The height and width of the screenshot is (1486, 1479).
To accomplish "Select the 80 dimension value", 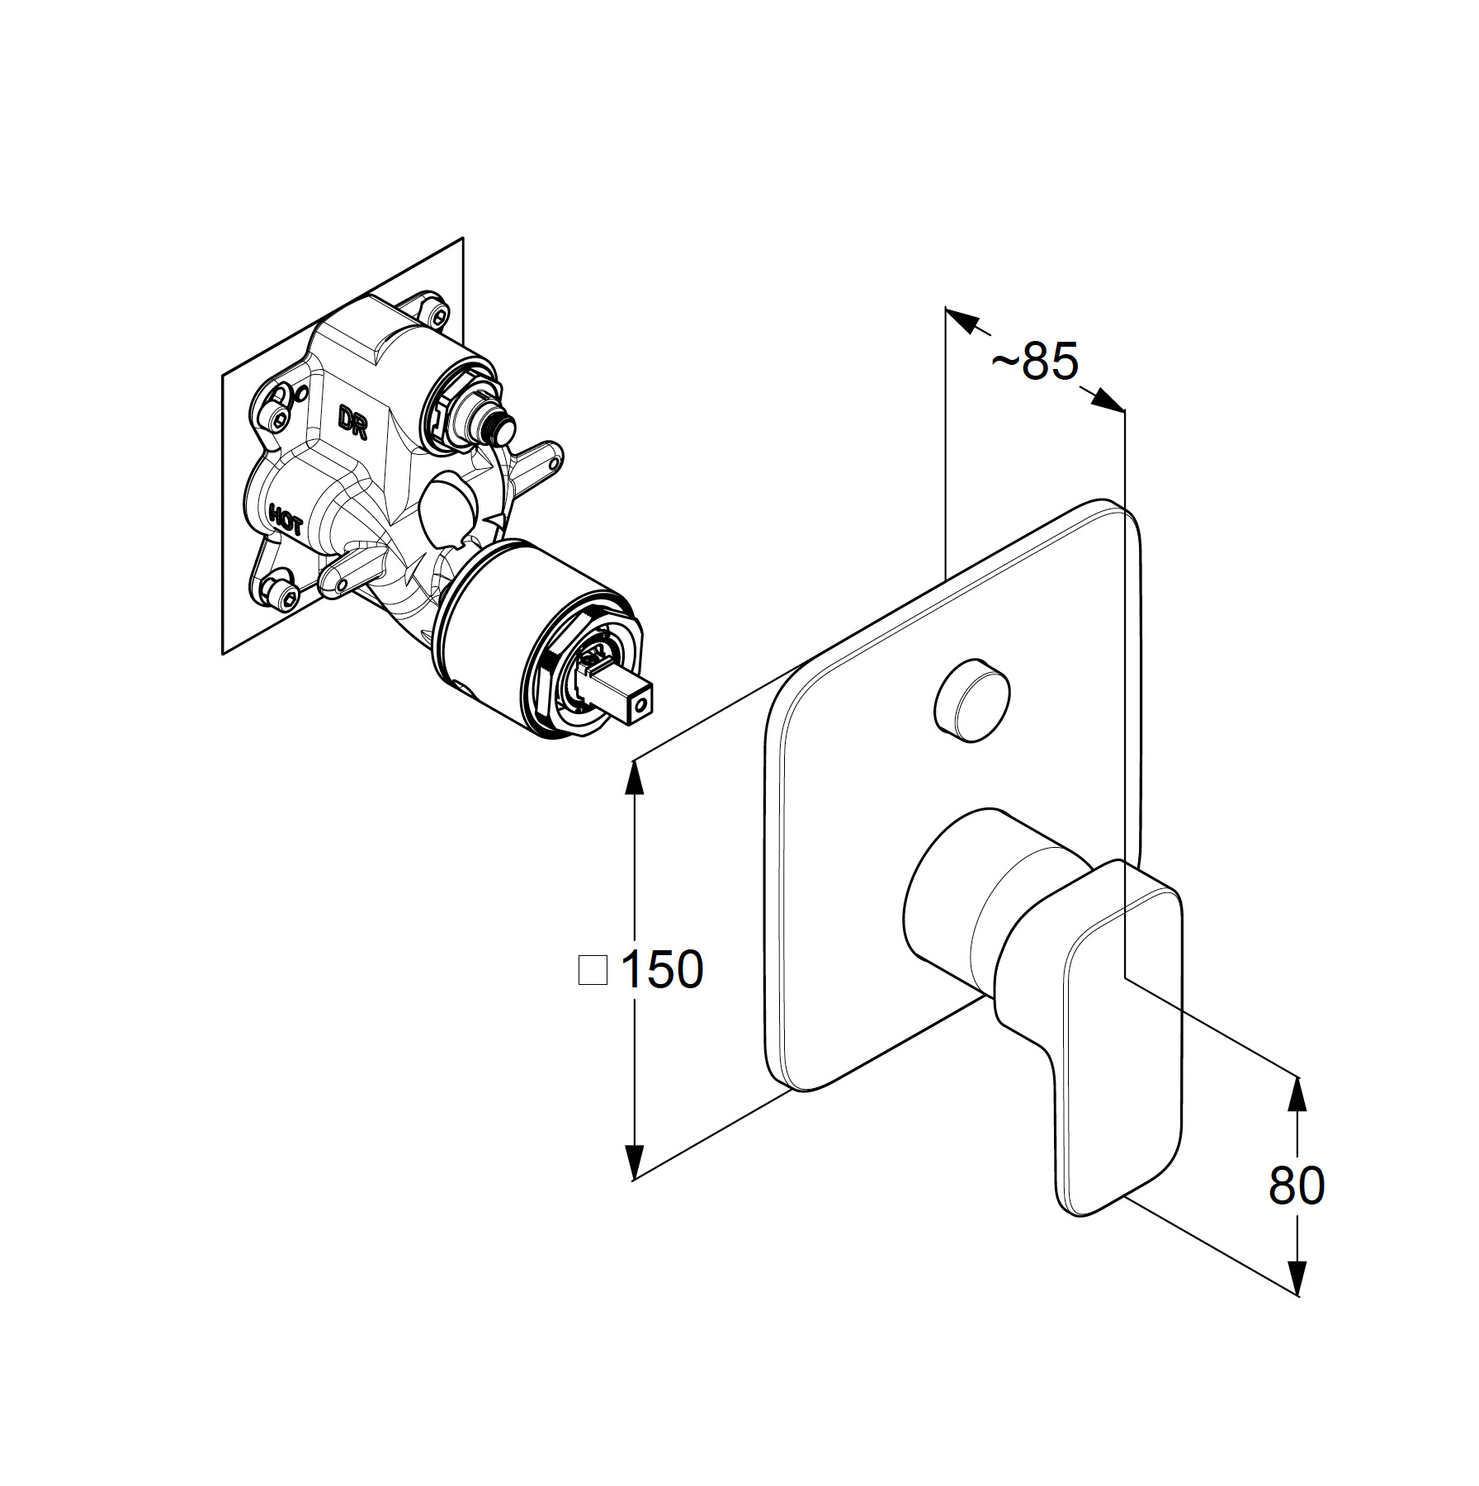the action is tap(1297, 1185).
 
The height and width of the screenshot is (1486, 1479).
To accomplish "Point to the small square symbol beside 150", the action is tap(593, 970).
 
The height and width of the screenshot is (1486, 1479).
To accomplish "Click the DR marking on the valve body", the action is tap(352, 422).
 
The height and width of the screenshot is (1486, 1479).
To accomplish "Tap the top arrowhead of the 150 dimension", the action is tap(634, 776).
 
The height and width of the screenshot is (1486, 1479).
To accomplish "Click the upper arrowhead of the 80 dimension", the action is tap(1298, 1094).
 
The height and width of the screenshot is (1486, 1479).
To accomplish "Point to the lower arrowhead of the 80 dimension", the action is tap(1298, 1296).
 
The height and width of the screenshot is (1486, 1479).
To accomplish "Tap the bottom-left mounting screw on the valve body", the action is tap(280, 593).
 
